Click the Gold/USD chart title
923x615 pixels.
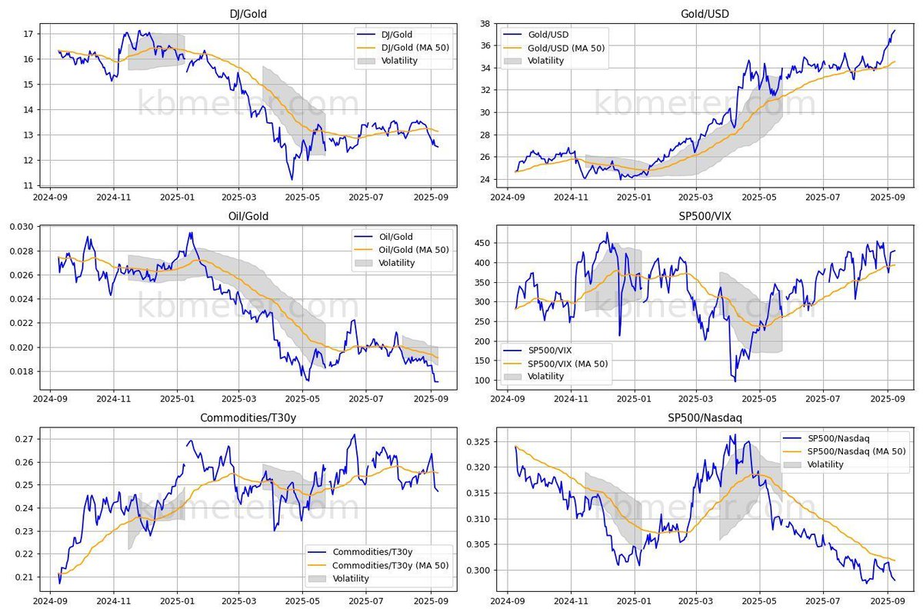coord(705,14)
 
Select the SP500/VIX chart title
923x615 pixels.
coord(705,217)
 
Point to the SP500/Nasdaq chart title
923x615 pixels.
coord(705,419)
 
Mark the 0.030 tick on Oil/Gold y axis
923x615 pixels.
coord(18,227)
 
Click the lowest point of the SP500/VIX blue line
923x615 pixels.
coord(735,381)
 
